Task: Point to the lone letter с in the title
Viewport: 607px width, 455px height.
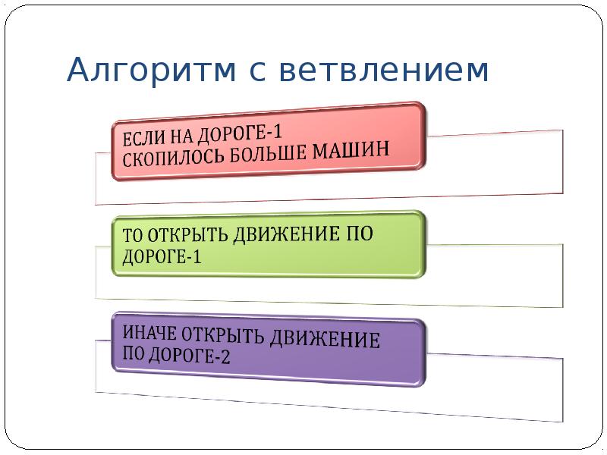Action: tap(258, 72)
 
